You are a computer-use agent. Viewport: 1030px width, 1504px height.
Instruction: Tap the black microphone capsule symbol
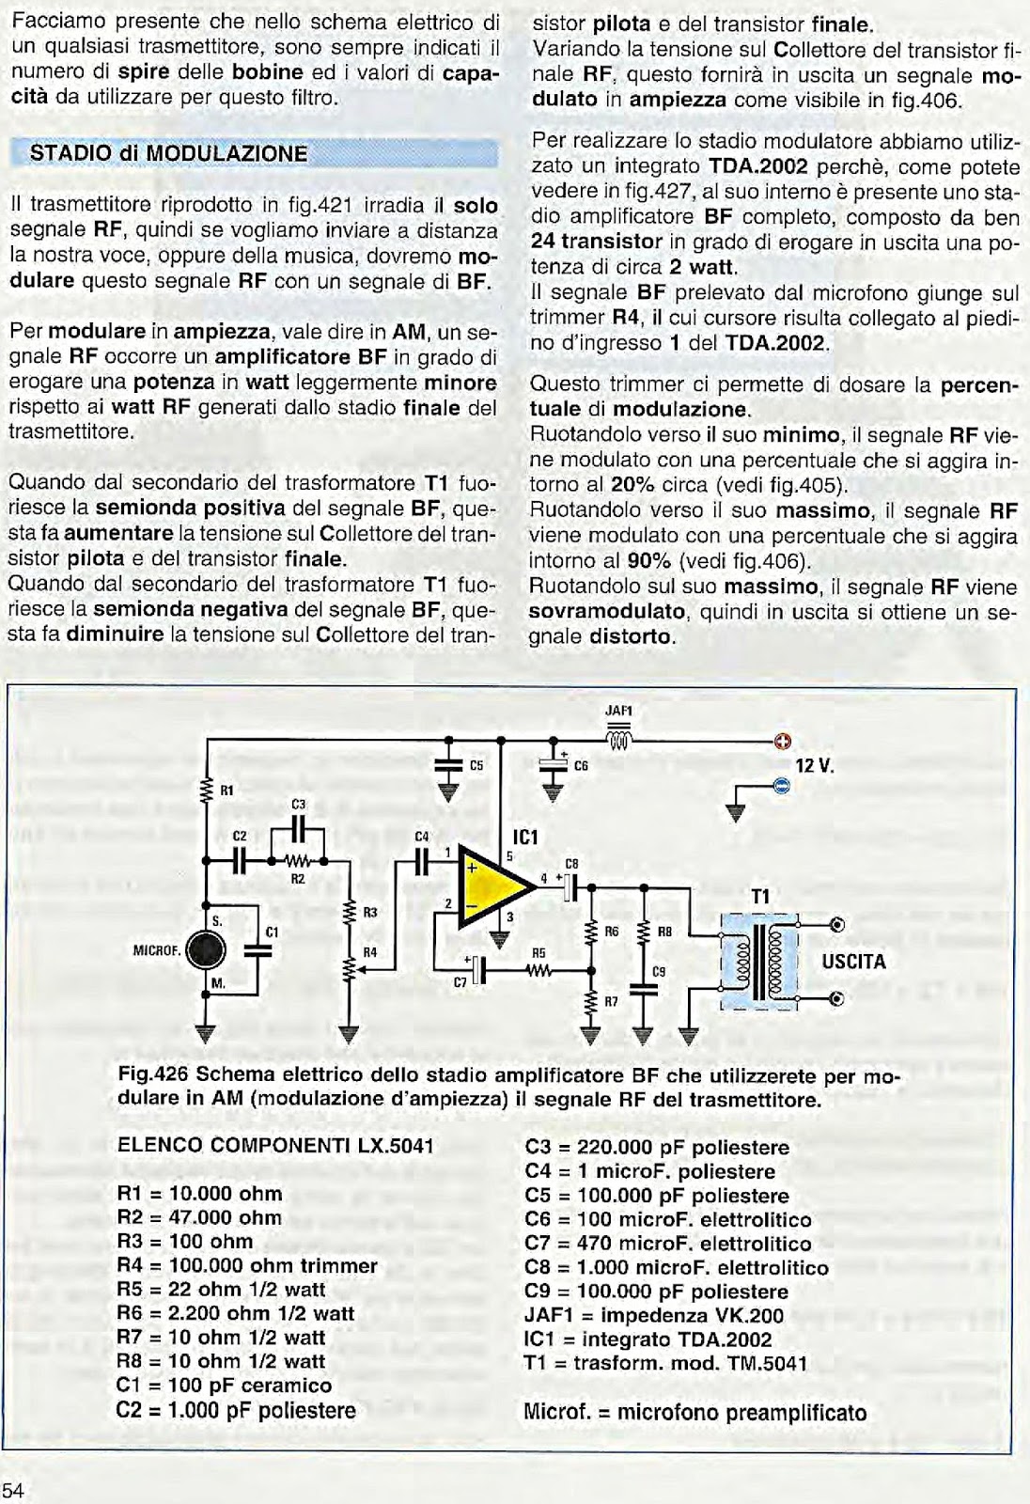206,951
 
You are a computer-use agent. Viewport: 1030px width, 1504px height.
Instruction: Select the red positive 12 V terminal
782,742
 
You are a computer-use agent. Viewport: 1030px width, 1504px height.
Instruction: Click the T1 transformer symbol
758,960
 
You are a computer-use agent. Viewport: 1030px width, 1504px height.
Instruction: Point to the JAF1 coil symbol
619,740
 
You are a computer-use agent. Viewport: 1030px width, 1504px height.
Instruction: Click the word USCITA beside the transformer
853,962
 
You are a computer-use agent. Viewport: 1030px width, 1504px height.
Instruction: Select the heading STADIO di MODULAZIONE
169,153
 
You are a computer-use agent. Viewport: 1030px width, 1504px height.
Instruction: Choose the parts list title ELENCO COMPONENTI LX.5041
275,1145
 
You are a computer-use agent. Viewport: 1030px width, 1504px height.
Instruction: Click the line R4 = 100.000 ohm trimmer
246,1265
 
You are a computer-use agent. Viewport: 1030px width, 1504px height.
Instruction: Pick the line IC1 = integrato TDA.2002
648,1339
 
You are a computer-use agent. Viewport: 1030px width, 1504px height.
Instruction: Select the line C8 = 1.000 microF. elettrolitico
676,1267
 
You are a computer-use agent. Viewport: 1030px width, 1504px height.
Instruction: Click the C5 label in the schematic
476,766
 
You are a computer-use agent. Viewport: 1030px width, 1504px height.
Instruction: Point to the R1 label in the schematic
226,791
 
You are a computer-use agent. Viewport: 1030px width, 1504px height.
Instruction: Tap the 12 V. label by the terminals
815,765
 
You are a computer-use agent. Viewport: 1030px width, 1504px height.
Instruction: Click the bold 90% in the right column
648,561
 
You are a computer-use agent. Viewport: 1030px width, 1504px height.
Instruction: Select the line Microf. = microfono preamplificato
694,1412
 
